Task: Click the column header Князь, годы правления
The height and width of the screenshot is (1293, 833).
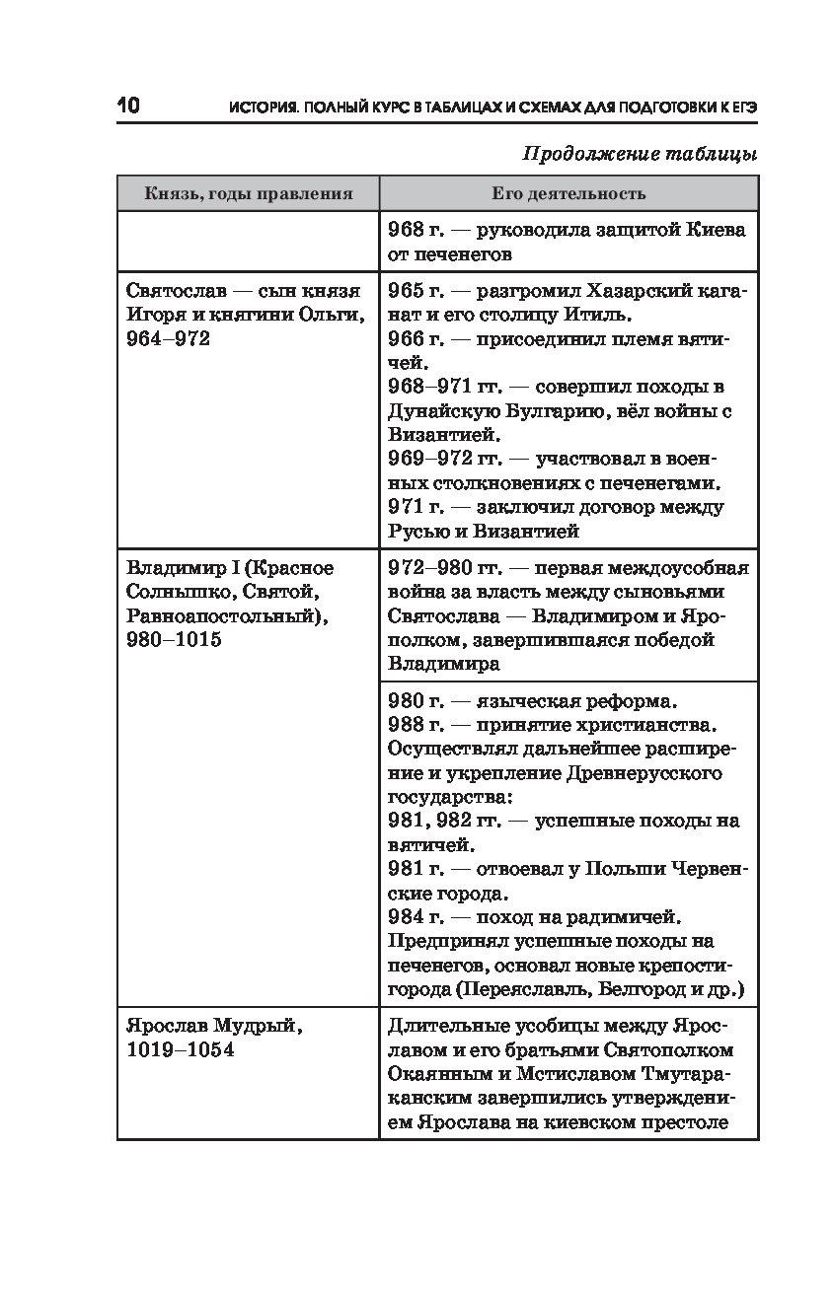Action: pyautogui.click(x=248, y=193)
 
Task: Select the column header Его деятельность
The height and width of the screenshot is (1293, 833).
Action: pyautogui.click(x=568, y=193)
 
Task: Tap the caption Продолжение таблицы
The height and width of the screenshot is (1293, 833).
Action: pyautogui.click(x=639, y=154)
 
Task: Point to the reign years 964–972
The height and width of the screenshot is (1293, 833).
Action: pyautogui.click(x=169, y=339)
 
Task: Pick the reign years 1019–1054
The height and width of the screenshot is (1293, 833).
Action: pyautogui.click(x=181, y=1049)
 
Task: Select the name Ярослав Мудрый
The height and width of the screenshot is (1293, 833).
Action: pyautogui.click(x=214, y=1026)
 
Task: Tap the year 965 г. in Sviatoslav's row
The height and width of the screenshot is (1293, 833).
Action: pyautogui.click(x=415, y=291)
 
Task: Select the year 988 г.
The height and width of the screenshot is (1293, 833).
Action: pyautogui.click(x=415, y=725)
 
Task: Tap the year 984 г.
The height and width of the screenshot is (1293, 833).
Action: pyautogui.click(x=415, y=916)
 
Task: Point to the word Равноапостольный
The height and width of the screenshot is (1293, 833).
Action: pyautogui.click(x=225, y=616)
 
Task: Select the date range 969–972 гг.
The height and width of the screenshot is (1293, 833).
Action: pyautogui.click(x=444, y=460)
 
